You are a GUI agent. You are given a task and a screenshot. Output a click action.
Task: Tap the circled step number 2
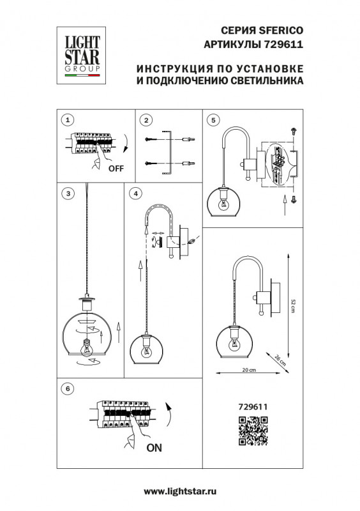pos(146,119)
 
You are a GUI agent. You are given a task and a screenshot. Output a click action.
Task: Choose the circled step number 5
pos(213,119)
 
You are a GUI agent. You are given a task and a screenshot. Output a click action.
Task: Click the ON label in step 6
pos(154,448)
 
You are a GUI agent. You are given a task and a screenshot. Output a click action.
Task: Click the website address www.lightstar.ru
pos(180,491)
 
